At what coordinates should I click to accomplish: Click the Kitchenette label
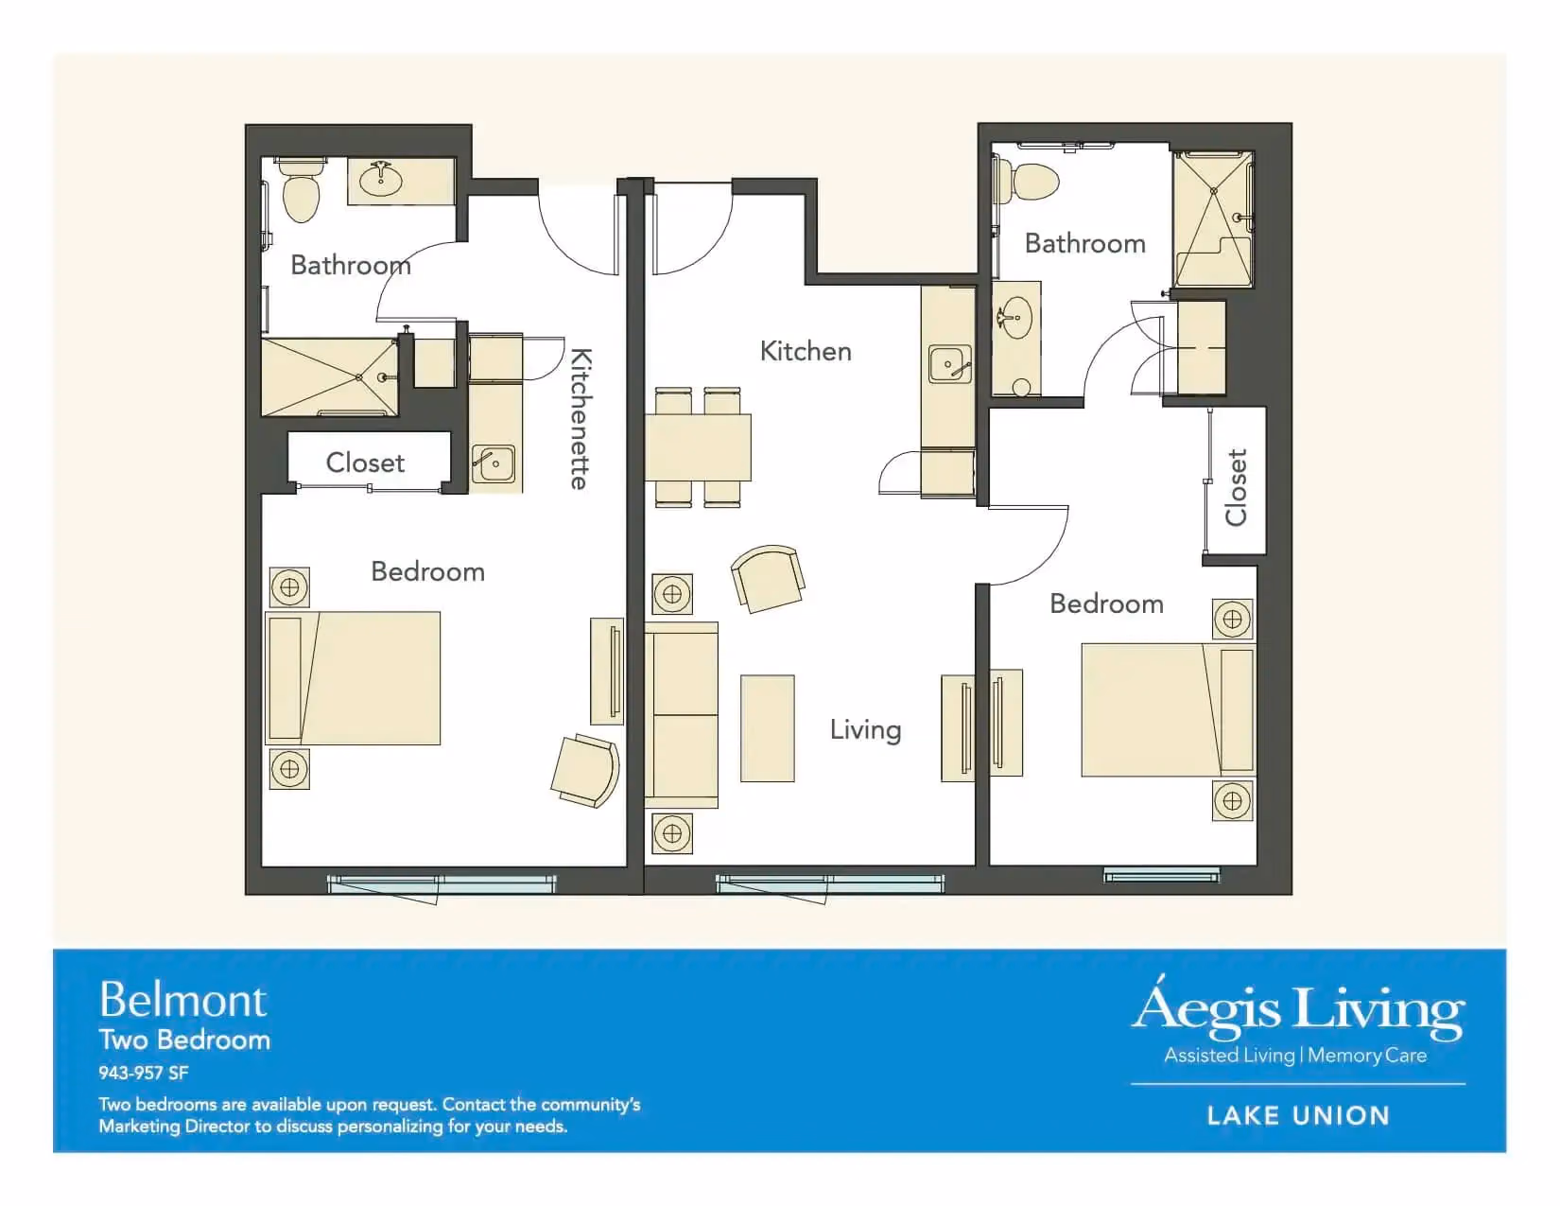[581, 419]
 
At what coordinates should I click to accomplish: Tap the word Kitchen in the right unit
[806, 351]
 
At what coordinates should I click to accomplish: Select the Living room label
[865, 729]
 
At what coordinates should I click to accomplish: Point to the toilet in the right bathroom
[1028, 181]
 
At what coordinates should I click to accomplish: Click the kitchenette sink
[494, 463]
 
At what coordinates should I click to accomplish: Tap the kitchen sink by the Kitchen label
[949, 364]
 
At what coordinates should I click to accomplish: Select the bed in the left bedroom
[353, 678]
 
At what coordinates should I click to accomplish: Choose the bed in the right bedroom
[1168, 709]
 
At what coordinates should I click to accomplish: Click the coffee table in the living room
[767, 727]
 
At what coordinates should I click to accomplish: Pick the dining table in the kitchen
[698, 446]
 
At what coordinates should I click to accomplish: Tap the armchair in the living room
[768, 579]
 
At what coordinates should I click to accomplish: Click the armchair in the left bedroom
[586, 770]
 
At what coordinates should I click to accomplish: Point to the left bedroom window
[442, 884]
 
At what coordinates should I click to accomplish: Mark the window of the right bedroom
[1161, 874]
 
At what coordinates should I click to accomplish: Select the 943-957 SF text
[144, 1074]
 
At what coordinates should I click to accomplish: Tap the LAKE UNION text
[1298, 1115]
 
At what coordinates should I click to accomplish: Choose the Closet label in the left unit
[365, 463]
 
